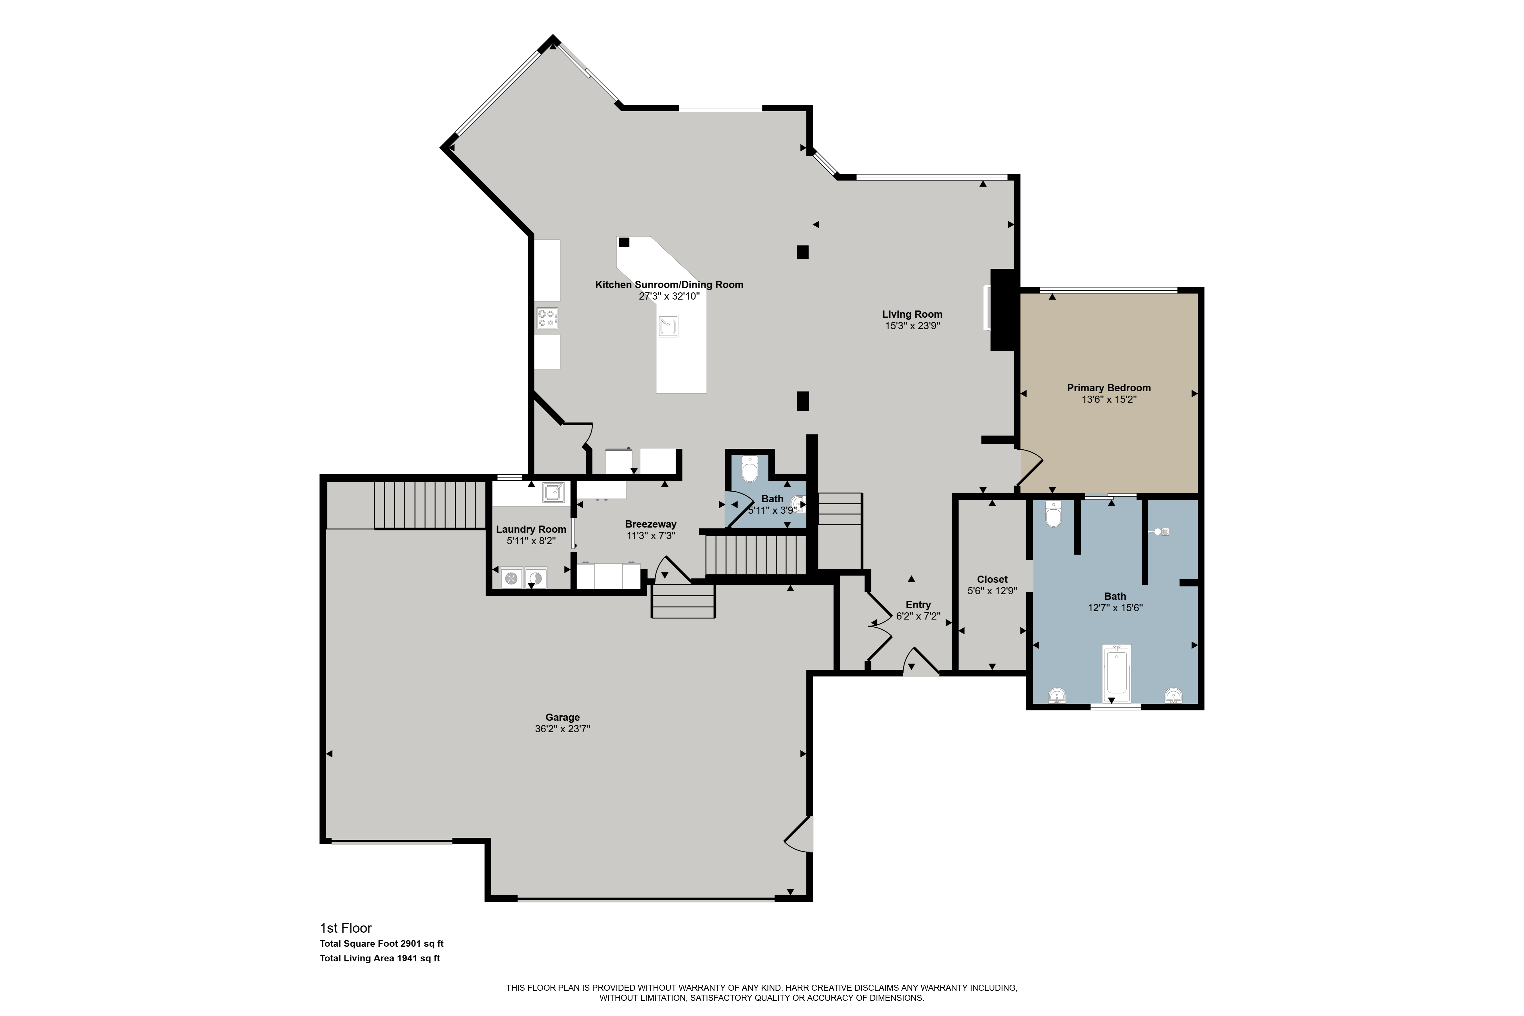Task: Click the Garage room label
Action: [x=562, y=717]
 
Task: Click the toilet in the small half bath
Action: [x=750, y=469]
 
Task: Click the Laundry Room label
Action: [x=531, y=529]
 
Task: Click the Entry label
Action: [x=918, y=605]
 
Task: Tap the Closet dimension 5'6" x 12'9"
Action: [x=992, y=591]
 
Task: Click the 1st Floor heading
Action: [x=346, y=928]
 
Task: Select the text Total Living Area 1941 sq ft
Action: [x=380, y=958]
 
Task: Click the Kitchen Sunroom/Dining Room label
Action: [x=669, y=284]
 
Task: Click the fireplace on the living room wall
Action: [x=1002, y=310]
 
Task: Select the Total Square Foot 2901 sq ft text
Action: [x=382, y=944]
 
